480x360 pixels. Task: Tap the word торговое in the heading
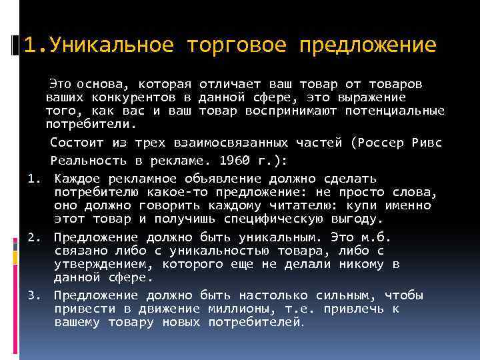[237, 45]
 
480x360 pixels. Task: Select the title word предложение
[368, 45]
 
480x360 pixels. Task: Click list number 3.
[34, 295]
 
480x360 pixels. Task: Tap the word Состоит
[77, 143]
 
